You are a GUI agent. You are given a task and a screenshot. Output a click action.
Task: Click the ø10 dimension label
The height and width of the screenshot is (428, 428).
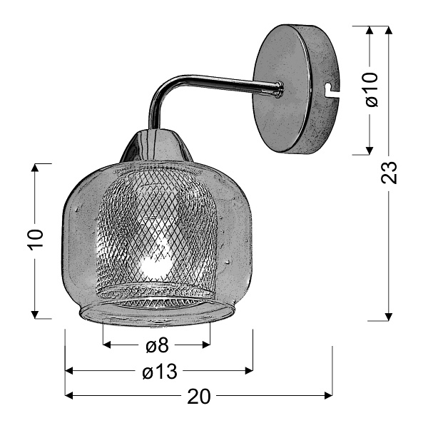[370, 90]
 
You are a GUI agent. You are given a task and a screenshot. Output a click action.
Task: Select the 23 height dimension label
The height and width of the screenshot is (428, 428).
[389, 173]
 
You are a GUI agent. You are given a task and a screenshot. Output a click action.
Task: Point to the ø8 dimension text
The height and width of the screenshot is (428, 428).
[156, 346]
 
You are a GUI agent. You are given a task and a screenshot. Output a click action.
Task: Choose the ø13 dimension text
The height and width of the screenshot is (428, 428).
[158, 371]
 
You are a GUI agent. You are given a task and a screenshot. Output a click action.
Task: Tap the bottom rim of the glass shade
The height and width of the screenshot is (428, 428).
[156, 312]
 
